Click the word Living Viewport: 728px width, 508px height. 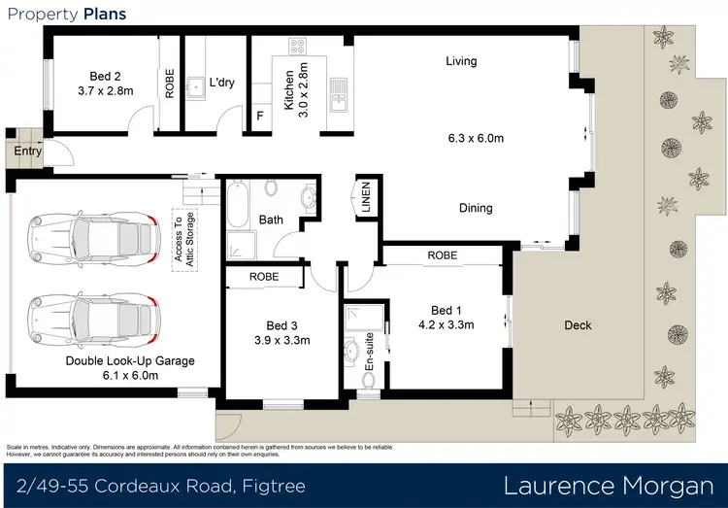point(461,61)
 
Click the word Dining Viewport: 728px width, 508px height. point(475,208)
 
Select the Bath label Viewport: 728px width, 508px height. point(270,220)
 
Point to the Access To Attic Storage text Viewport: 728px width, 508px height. point(184,237)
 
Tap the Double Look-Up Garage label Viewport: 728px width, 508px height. point(130,360)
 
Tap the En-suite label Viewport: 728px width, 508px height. point(368,357)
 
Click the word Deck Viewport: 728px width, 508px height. point(578,325)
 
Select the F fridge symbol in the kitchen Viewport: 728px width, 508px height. point(259,116)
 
